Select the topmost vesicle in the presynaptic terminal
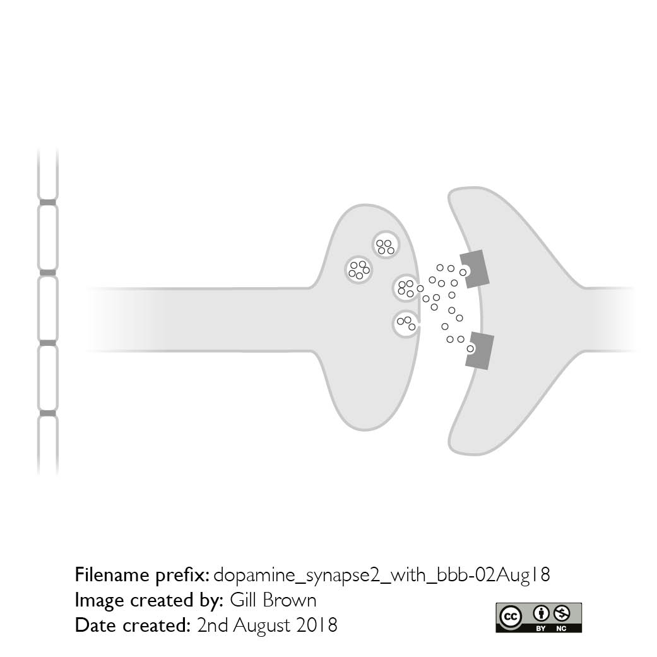pyautogui.click(x=386, y=245)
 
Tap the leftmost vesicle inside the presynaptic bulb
pyautogui.click(x=359, y=270)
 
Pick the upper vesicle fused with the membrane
pyautogui.click(x=406, y=288)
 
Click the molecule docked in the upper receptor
pyautogui.click(x=463, y=273)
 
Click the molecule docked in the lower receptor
pyautogui.click(x=471, y=348)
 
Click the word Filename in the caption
pyautogui.click(x=112, y=575)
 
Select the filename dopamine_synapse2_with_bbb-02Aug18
pyautogui.click(x=382, y=576)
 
